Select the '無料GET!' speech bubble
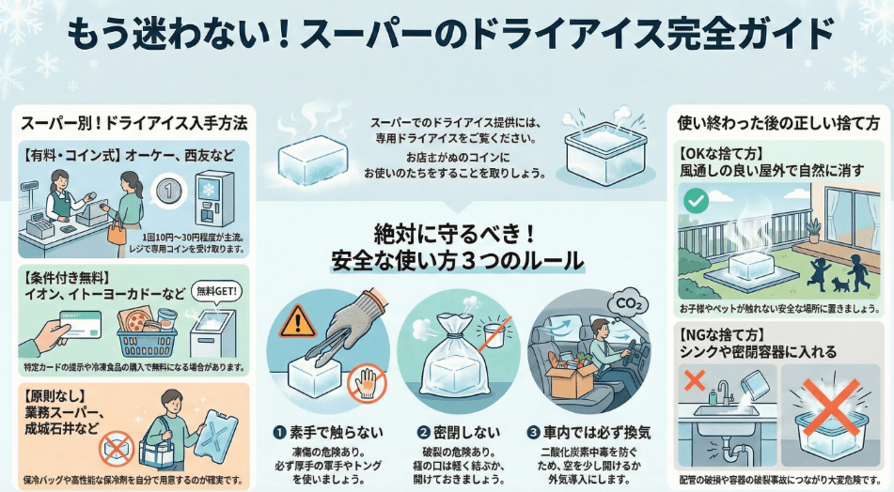(216, 292)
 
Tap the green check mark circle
(696, 199)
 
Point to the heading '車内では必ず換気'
(594, 434)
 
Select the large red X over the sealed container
(829, 409)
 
